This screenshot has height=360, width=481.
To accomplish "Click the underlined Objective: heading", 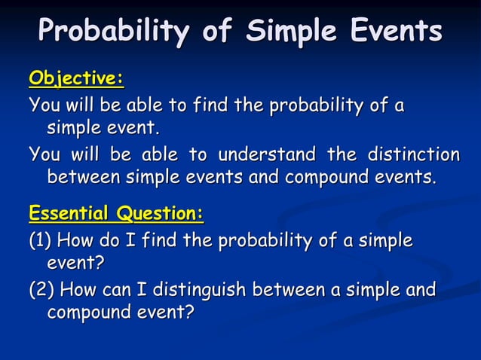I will point(76,79).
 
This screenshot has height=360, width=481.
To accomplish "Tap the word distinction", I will point(412,155).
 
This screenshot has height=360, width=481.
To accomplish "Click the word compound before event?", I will point(88,311).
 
